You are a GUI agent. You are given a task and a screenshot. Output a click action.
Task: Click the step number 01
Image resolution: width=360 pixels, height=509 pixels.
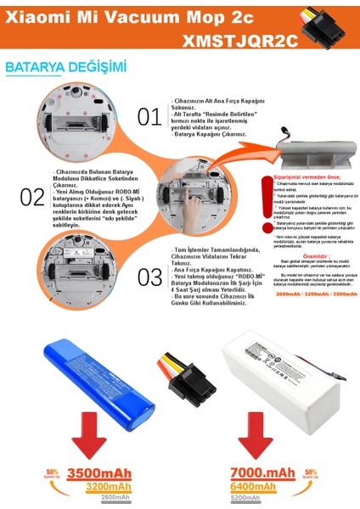[149, 116]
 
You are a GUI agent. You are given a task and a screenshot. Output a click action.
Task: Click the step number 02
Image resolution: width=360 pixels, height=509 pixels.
[31, 197]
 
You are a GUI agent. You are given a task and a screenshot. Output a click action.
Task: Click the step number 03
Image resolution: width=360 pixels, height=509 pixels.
[149, 276]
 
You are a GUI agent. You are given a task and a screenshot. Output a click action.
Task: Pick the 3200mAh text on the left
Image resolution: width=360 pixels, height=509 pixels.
[109, 488]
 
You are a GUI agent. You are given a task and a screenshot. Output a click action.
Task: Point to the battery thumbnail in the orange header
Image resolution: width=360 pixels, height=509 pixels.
[334, 28]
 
